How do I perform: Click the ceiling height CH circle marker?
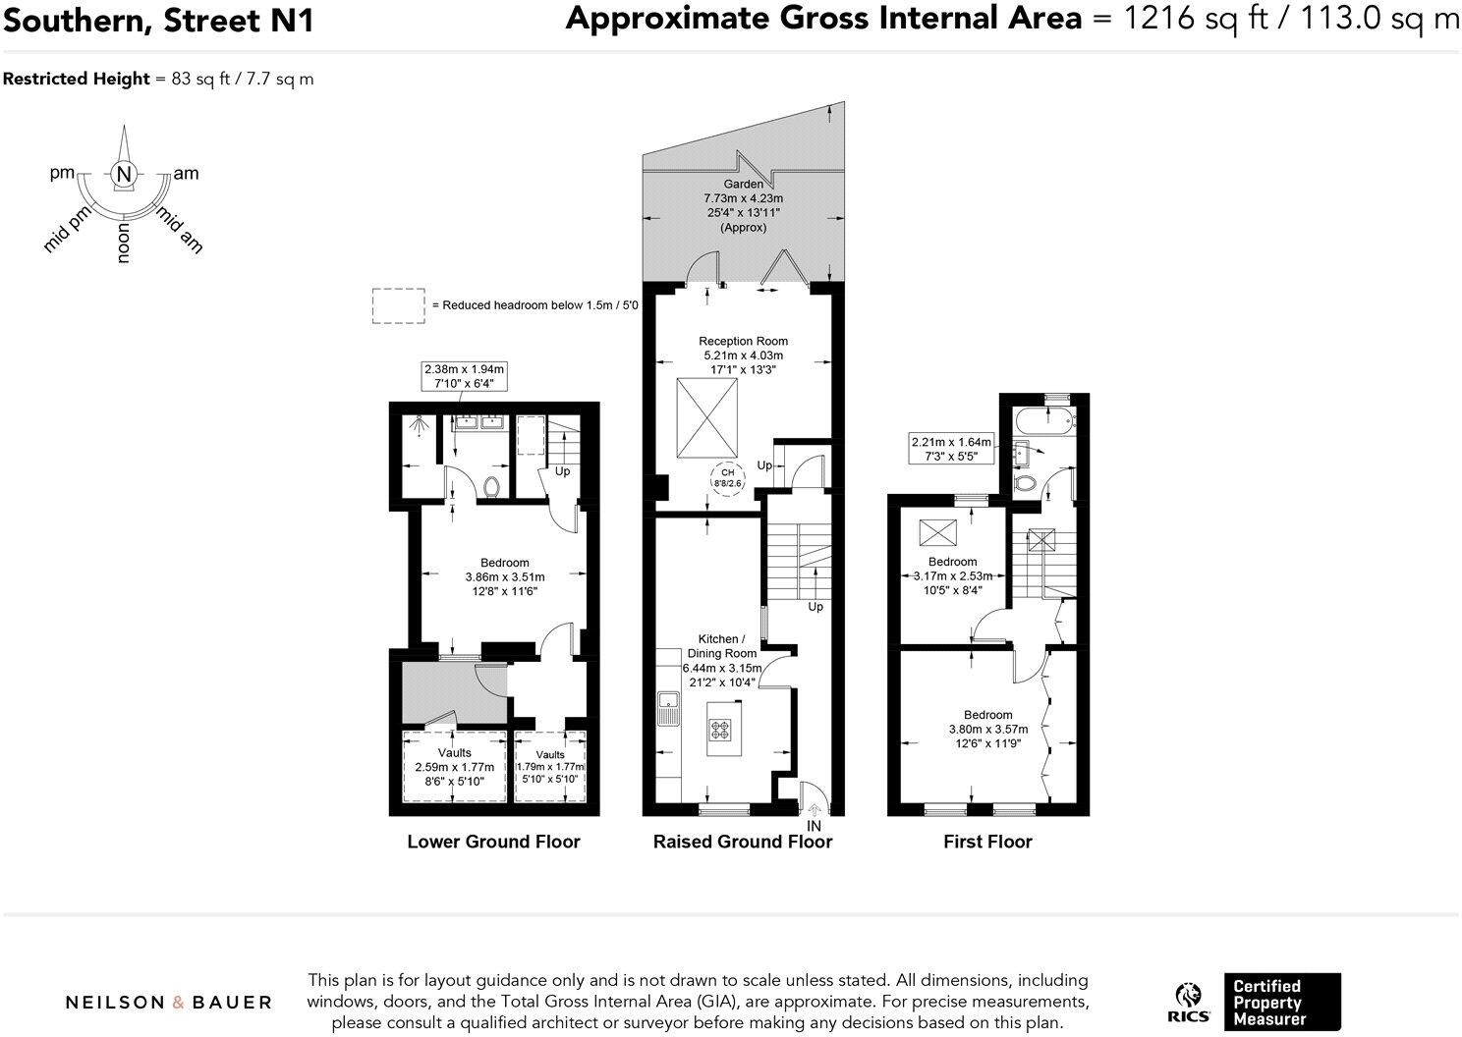[x=728, y=478]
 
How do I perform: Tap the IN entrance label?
[x=814, y=826]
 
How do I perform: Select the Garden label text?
[x=743, y=184]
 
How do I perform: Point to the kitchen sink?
[x=669, y=702]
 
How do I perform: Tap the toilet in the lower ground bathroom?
[x=493, y=486]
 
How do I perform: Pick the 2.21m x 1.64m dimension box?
[x=951, y=449]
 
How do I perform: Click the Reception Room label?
[x=743, y=341]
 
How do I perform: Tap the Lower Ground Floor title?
[x=493, y=842]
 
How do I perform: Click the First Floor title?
[x=987, y=842]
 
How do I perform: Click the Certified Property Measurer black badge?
[x=1281, y=1002]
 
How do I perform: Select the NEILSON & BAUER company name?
[x=168, y=1002]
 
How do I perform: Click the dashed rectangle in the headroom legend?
[x=398, y=305]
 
